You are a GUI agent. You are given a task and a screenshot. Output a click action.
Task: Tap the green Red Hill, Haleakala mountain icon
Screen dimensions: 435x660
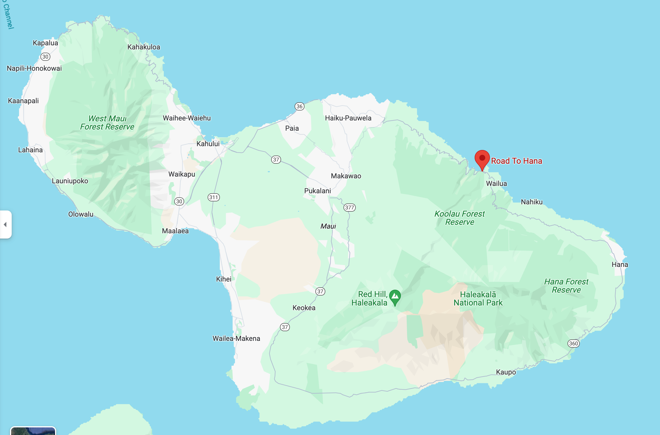tap(395, 297)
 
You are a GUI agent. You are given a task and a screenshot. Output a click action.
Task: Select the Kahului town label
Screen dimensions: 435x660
tap(208, 144)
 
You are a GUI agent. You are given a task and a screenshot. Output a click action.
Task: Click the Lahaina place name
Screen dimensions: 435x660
tap(30, 150)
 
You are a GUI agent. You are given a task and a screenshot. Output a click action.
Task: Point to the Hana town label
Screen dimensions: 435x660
tap(620, 265)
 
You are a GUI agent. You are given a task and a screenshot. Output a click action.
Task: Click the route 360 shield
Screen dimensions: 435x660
tap(573, 343)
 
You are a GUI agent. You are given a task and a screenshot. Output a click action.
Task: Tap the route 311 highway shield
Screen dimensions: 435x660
tap(214, 197)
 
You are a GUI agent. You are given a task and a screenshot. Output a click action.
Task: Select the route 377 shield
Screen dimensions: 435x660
tap(349, 208)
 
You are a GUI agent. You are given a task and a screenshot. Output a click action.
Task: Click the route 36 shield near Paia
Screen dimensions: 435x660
tap(299, 106)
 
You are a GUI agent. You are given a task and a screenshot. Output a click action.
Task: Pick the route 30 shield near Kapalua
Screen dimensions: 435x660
tap(45, 57)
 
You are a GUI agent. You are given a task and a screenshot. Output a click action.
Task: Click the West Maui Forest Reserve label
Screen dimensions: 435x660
tap(107, 123)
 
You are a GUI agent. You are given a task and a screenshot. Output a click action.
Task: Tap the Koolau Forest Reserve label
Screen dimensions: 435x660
tap(459, 218)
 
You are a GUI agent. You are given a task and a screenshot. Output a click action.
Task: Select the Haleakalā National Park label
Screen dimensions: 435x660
tap(478, 299)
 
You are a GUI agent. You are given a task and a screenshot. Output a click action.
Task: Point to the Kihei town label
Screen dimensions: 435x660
tap(224, 279)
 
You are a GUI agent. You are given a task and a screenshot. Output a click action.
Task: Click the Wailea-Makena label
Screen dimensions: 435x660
tap(236, 339)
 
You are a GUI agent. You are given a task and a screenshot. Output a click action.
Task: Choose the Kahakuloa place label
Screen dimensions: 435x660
tap(144, 47)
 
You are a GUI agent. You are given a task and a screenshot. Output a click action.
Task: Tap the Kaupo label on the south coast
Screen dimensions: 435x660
tap(506, 372)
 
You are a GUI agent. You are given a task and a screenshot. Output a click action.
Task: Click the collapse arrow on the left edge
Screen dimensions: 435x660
tap(5, 225)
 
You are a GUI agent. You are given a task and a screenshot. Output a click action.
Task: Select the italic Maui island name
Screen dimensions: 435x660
tap(328, 226)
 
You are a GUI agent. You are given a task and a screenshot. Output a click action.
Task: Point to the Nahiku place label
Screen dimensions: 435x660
tap(531, 202)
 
